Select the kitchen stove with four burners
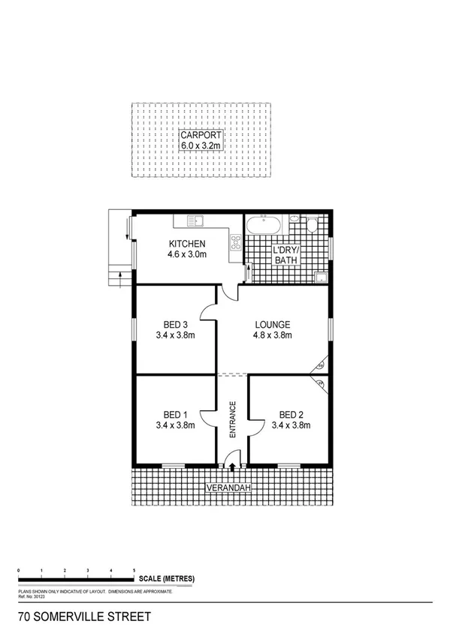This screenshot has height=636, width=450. [x=236, y=242]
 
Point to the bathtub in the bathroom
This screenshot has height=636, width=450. [x=264, y=224]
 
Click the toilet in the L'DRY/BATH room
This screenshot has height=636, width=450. [x=311, y=226]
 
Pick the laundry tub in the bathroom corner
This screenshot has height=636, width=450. [x=321, y=275]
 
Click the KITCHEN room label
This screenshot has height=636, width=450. [x=187, y=244]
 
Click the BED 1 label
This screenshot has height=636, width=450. [x=176, y=414]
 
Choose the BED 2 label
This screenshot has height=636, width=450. [x=291, y=414]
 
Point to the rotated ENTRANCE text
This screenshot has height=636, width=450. [x=233, y=420]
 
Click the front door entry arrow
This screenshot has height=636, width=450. [x=232, y=466]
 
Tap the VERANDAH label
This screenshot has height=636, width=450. [x=230, y=490]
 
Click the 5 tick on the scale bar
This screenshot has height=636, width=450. [x=134, y=571]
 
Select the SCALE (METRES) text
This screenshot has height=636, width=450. [x=166, y=578]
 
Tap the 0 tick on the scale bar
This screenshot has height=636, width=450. [x=18, y=571]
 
